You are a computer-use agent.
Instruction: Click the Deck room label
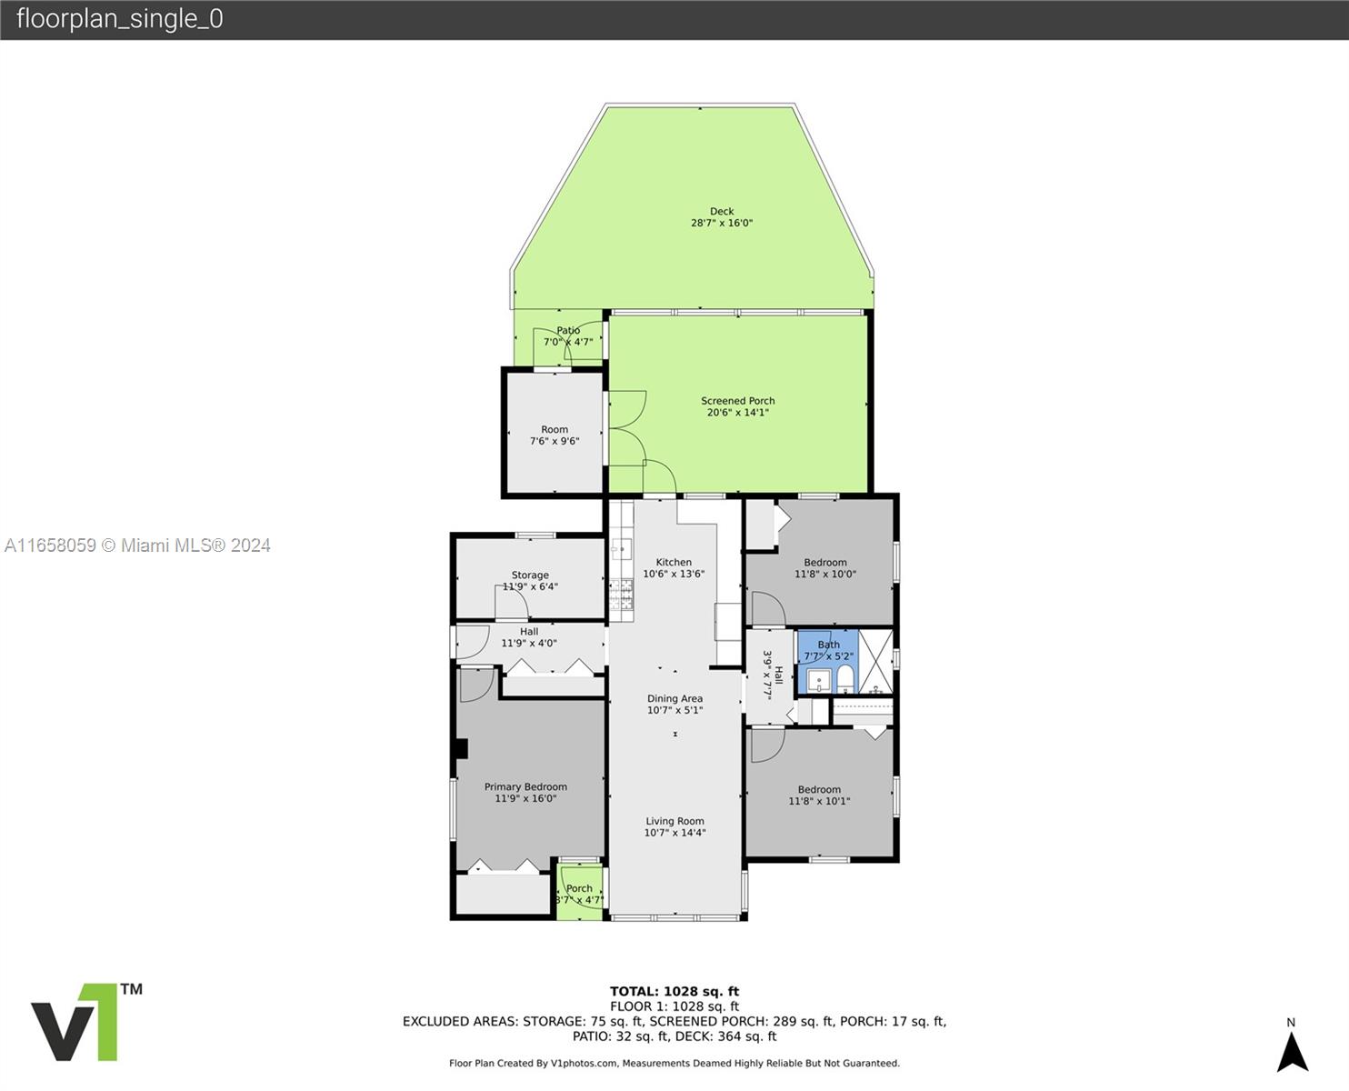click(722, 212)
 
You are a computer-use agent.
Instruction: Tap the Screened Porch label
click(738, 401)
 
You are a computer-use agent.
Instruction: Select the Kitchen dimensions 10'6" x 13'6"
click(674, 574)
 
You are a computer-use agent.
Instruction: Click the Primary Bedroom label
click(525, 787)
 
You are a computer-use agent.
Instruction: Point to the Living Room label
click(674, 821)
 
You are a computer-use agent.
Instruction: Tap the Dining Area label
click(674, 698)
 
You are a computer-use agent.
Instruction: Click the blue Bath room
click(828, 661)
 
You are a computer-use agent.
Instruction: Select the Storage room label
click(530, 575)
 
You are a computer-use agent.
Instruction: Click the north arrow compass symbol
click(1292, 1052)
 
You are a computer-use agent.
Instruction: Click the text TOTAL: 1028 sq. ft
click(674, 992)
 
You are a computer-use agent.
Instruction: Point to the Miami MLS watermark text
click(137, 545)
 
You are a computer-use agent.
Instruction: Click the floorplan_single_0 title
click(120, 19)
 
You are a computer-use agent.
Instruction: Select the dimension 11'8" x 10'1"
click(819, 801)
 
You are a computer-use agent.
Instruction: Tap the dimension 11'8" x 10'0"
click(825, 574)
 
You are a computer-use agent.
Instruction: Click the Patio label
click(568, 331)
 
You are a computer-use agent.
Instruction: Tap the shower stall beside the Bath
click(876, 661)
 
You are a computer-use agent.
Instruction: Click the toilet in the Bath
click(844, 678)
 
